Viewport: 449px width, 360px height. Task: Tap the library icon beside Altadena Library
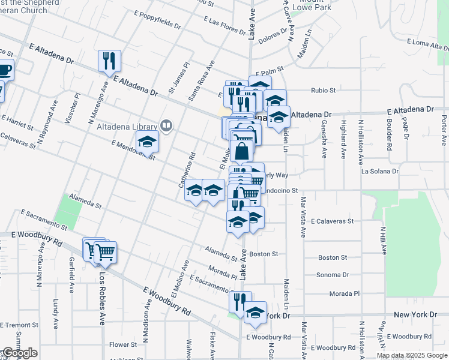coord(167,126)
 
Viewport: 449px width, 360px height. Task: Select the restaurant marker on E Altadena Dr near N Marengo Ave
coord(109,61)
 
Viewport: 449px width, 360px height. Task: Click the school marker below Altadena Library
coord(146,143)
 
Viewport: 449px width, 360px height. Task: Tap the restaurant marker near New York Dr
coord(240,303)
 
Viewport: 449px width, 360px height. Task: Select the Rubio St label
coord(323,91)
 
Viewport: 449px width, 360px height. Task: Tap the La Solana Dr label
coord(380,171)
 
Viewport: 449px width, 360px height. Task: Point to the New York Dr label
coord(415,314)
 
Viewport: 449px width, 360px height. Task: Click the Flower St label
coord(123,345)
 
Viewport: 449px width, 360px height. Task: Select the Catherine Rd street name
coord(187,169)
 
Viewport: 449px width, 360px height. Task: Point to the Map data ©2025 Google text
coord(412,355)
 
